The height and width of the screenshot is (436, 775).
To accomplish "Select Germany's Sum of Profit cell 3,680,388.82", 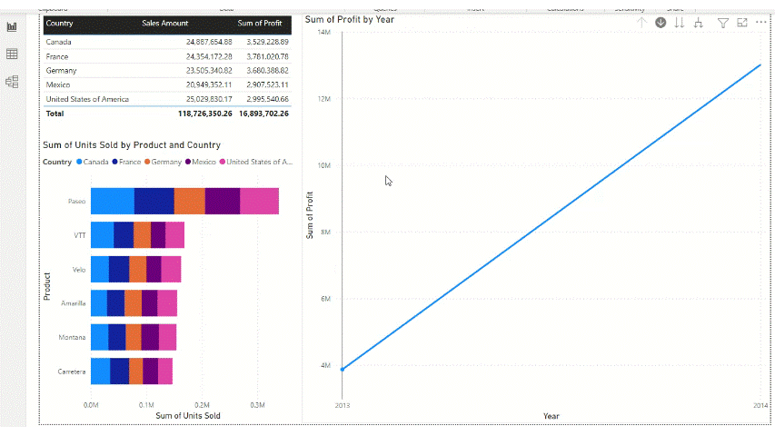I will pos(263,70).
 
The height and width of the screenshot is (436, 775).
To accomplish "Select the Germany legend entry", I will pos(163,162).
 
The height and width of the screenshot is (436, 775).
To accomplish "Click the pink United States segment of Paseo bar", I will pos(259,202).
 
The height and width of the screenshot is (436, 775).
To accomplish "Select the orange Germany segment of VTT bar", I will pos(142,235).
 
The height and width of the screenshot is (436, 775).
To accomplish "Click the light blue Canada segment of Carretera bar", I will pos(100,371).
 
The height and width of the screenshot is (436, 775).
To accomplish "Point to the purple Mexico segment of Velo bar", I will pos(154,270).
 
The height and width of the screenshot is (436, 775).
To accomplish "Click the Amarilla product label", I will pos(74,303).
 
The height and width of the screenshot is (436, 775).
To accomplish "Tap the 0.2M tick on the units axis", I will pos(202,405).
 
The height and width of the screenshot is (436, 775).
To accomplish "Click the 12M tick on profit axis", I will pos(323,98).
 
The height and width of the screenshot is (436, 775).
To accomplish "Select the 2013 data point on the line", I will pos(343,369).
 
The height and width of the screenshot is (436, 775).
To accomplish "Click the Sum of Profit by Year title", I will pos(350,19).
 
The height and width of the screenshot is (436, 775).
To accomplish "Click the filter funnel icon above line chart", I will pos(723,23).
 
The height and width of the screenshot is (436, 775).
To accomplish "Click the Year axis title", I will pos(551,416).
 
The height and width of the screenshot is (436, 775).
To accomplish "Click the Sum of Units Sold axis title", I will pos(187,416).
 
